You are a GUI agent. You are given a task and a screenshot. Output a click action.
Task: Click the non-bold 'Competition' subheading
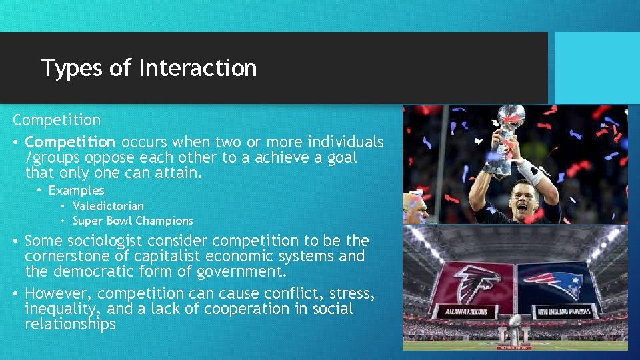[57, 121]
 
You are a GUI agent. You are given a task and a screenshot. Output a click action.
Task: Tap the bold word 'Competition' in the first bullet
[70, 142]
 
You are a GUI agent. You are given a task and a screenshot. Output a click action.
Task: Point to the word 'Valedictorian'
[108, 206]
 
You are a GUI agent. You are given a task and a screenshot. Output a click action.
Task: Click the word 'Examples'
[76, 191]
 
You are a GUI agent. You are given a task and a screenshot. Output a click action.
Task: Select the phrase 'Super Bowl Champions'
[133, 221]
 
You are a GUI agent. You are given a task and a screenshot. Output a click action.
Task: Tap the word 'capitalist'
[167, 256]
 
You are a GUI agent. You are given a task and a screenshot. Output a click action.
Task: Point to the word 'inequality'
[63, 309]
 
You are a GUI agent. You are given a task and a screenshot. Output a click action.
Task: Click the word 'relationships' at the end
[70, 325]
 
